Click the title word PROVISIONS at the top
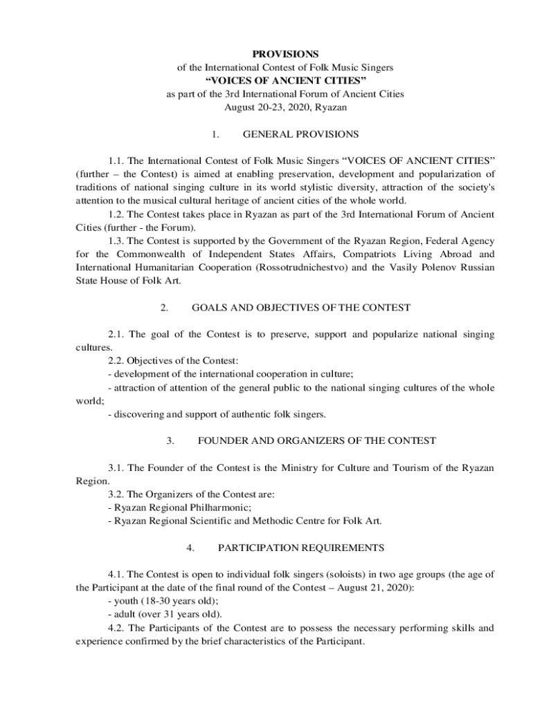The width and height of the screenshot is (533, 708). tap(285, 54)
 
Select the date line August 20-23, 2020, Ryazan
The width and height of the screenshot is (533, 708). tap(285, 107)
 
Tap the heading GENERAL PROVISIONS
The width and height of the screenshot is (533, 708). tap(300, 134)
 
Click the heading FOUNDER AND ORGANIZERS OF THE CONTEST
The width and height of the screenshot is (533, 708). tap(317, 440)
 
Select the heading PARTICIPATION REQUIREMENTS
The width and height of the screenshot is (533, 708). tap(301, 548)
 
